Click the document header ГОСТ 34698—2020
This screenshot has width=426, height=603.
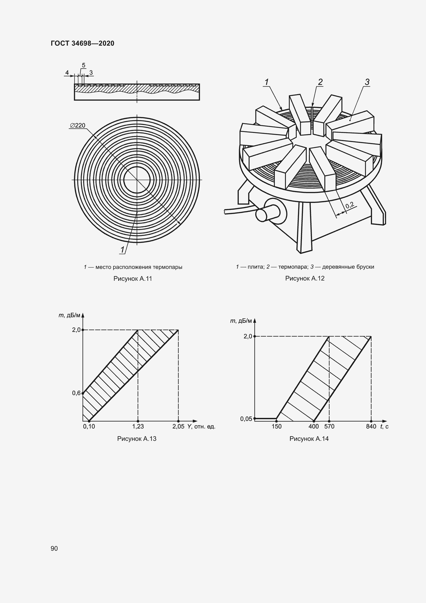[82, 43]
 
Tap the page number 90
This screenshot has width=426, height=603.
[54, 548]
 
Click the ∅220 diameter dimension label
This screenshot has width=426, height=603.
[78, 125]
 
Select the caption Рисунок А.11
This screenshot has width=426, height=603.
[133, 279]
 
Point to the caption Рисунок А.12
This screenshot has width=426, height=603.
[305, 278]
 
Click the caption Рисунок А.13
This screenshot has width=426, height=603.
[137, 439]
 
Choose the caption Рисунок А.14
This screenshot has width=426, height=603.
[309, 439]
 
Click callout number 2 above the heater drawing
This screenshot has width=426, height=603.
[320, 82]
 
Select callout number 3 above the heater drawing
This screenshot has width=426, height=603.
[367, 82]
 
